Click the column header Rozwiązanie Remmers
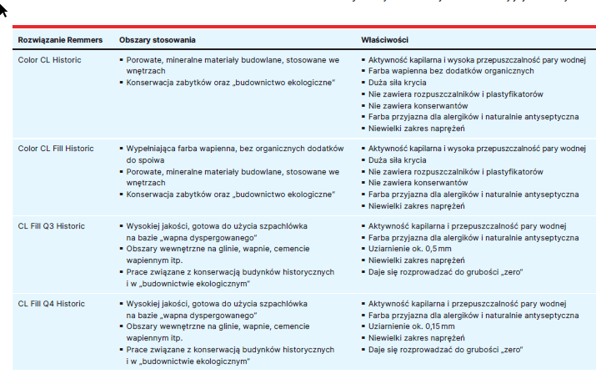tap(60, 40)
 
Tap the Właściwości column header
tap(384, 40)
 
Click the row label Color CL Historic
tap(50, 60)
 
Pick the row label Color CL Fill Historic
tap(56, 149)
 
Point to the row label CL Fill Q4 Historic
tap(52, 304)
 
